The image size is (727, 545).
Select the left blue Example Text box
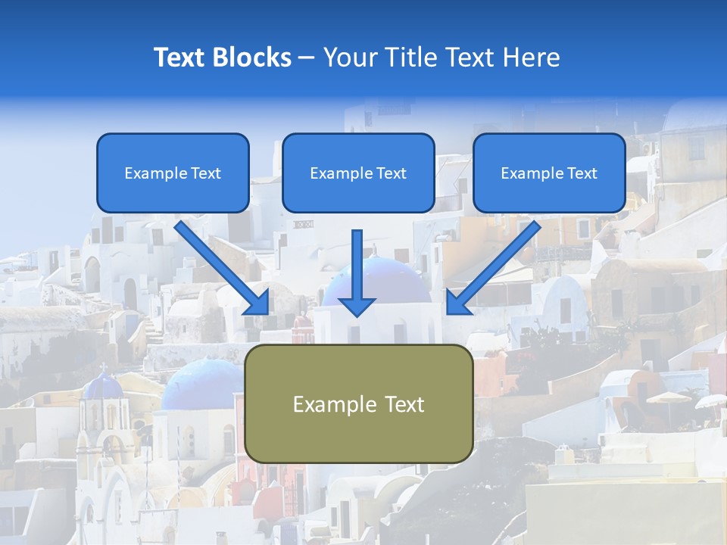coord(173,173)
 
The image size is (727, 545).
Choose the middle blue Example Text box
coord(358,173)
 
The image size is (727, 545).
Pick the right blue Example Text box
coord(549,173)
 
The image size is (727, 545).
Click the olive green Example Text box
coord(358,403)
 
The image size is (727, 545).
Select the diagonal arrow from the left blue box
coord(222,267)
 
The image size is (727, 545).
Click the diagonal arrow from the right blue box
coord(494,267)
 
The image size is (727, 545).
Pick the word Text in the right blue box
coord(582,173)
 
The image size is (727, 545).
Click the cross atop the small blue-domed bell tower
coord(103,367)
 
